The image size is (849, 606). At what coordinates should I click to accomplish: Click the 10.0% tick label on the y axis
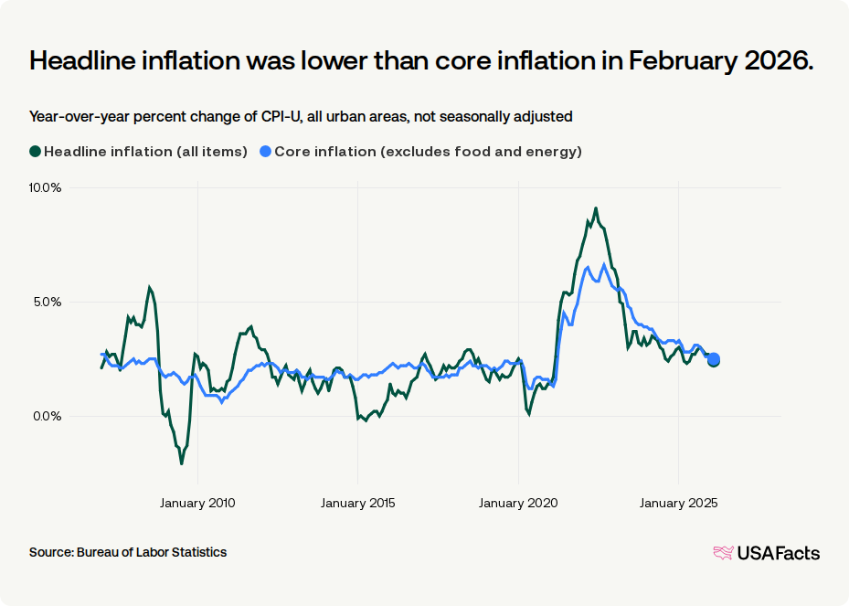click(45, 187)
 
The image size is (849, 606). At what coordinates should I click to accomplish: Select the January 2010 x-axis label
click(198, 503)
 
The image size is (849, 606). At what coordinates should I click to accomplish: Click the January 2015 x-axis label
click(358, 503)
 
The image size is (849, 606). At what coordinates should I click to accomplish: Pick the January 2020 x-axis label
click(518, 503)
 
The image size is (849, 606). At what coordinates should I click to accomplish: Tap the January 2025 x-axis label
click(678, 503)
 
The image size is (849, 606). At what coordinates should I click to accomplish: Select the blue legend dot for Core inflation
click(265, 152)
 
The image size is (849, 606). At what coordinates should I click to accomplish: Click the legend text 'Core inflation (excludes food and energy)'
click(428, 152)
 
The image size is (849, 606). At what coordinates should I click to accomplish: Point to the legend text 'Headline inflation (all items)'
click(145, 152)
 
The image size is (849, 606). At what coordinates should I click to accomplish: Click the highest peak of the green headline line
click(596, 208)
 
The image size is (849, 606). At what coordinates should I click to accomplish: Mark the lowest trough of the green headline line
click(182, 463)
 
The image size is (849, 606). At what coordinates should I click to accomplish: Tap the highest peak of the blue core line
click(604, 264)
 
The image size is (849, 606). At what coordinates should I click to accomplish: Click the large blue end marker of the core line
click(714, 359)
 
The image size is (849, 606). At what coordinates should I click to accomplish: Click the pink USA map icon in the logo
click(723, 552)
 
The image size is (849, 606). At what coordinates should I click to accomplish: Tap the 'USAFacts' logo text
click(778, 553)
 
